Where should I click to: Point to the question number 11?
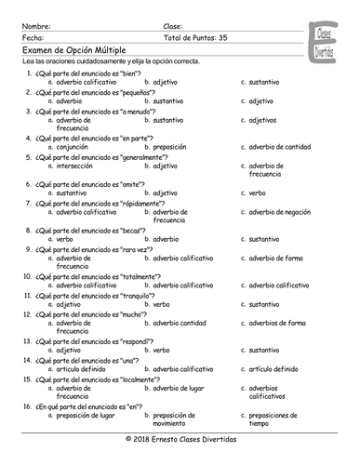tap(31, 294)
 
